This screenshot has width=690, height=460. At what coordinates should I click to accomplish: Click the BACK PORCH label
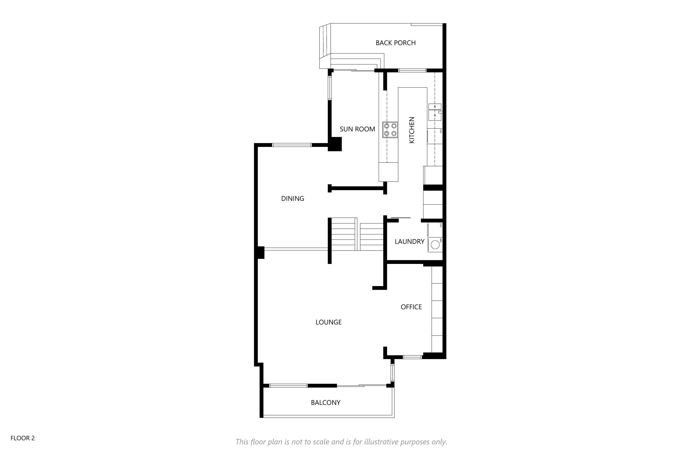coord(395,43)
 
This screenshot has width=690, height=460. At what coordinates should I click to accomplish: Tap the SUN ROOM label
coord(357,129)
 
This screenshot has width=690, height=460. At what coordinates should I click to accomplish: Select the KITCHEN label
coord(412,130)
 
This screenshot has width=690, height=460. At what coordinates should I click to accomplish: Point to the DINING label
coord(293,199)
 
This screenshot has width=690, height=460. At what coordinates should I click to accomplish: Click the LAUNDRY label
coord(410,241)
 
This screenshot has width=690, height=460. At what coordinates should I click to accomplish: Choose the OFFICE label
coord(411,307)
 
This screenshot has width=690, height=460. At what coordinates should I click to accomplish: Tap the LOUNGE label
coord(329,322)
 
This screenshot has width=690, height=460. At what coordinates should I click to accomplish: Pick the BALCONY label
coord(326,402)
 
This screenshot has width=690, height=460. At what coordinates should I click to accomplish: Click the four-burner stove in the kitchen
coord(390,130)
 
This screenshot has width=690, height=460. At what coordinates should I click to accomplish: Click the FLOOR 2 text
coord(23,438)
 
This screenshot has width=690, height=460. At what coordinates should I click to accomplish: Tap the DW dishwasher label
coord(441,131)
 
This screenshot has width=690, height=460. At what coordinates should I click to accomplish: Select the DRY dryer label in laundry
coord(441,225)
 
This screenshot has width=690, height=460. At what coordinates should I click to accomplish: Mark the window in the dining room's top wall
coord(292,145)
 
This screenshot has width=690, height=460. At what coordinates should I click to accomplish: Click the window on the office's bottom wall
coord(412,357)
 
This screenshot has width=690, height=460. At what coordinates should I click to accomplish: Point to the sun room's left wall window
coord(329,88)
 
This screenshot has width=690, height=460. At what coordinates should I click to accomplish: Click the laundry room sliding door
coord(401,218)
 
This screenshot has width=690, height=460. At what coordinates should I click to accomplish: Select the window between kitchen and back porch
coord(412,70)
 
